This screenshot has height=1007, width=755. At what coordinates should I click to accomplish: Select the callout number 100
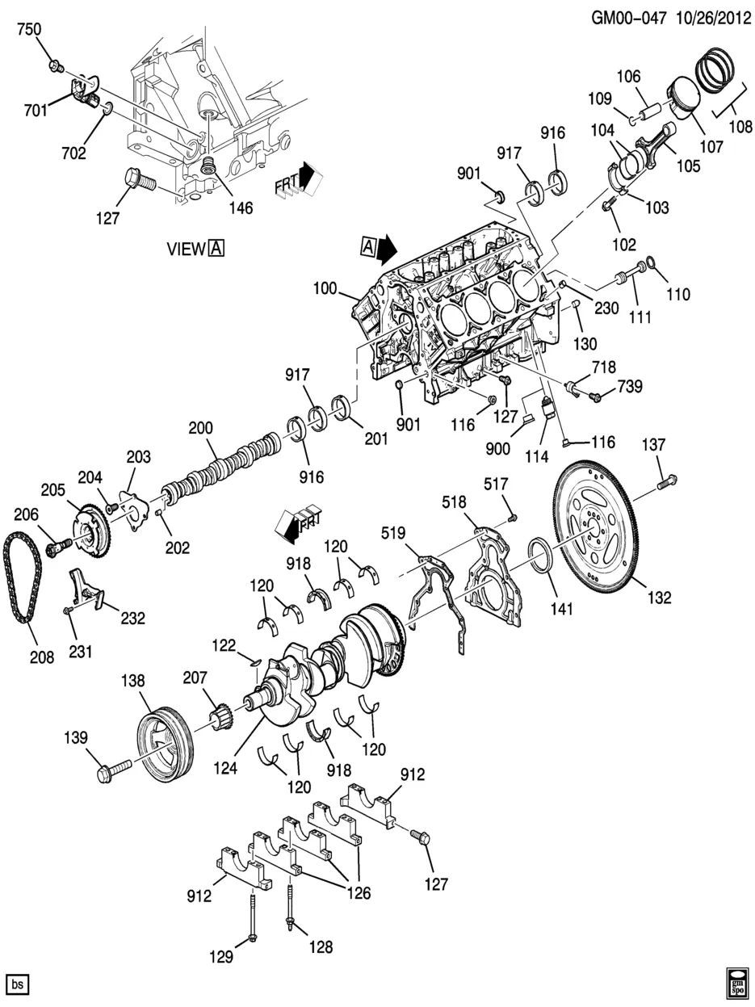328,287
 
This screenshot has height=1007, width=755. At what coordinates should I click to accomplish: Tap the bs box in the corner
18,984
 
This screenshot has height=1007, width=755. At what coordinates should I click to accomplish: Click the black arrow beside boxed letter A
388,247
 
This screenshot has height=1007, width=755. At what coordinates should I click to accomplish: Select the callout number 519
393,532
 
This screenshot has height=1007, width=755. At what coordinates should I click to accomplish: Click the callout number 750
30,30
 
